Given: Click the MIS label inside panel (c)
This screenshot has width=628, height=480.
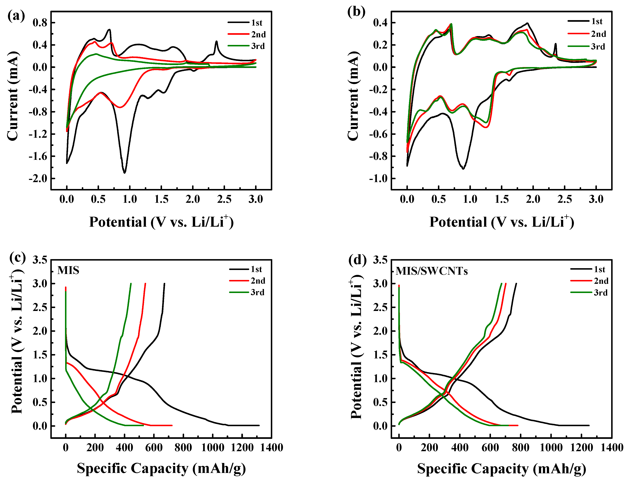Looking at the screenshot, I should (68, 270).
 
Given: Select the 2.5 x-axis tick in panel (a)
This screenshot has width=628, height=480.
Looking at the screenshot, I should (224, 199).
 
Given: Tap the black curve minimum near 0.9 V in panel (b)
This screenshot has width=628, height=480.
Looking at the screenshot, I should (463, 169).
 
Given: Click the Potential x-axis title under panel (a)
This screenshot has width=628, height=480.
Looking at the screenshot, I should (161, 222).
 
